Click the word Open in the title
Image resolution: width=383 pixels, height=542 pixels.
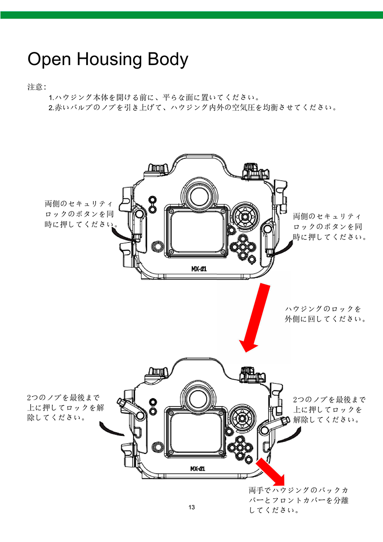point(49,59)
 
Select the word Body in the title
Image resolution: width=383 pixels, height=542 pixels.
point(168,59)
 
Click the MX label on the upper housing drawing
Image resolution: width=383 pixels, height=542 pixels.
point(199,269)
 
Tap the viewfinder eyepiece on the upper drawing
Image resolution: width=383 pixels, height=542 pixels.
point(199,196)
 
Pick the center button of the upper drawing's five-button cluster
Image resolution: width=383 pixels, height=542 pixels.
point(243,247)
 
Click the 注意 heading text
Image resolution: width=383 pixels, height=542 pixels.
point(37,87)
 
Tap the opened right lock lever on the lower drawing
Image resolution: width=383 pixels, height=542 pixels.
point(273,425)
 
